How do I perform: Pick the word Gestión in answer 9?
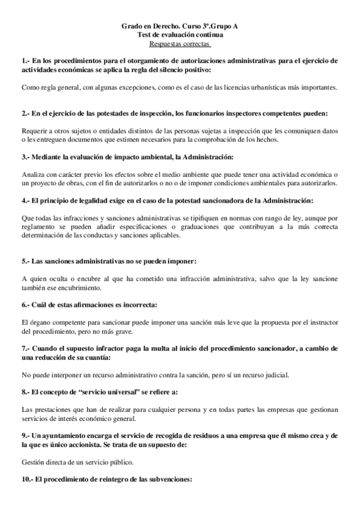point(33,462)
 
